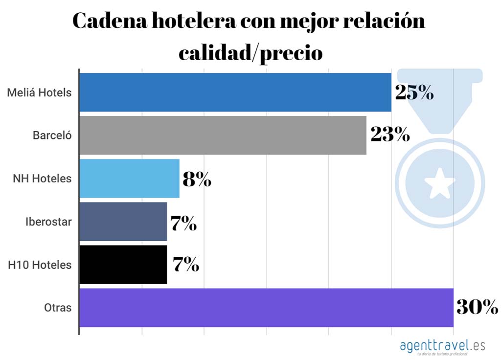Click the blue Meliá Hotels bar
[x=235, y=92]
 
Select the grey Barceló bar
[x=223, y=135]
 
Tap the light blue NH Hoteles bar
[x=129, y=179]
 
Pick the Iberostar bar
[x=123, y=222]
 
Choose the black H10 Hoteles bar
[x=123, y=265]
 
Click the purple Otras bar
[x=266, y=308]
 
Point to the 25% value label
[x=414, y=92]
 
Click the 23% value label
[x=390, y=135]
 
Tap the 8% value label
[x=197, y=180]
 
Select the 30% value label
[x=477, y=307]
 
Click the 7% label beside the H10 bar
[x=185, y=265]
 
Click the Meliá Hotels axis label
[x=39, y=92]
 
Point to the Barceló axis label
[x=52, y=135]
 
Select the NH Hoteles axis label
[x=42, y=179]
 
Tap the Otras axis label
[x=58, y=308]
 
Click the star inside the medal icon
[x=439, y=183]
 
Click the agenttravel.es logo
[x=442, y=346]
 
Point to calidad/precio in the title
[x=250, y=52]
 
